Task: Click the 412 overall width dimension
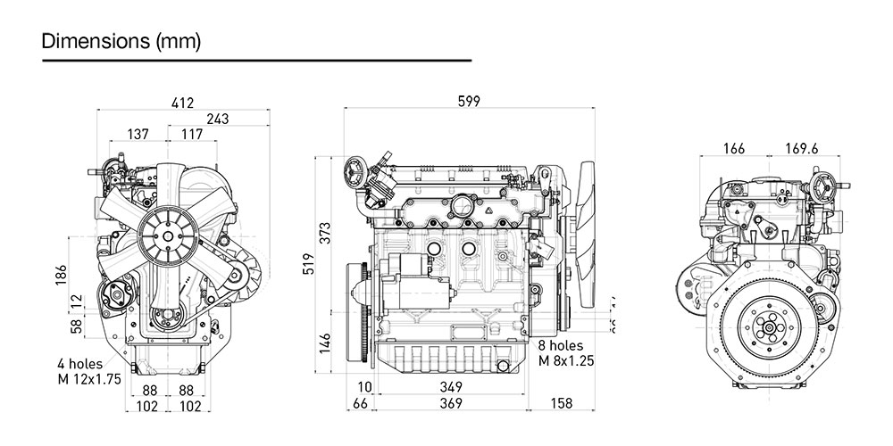click(x=183, y=104)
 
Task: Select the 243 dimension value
click(x=217, y=119)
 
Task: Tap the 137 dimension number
click(x=138, y=135)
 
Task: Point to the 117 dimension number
click(x=191, y=135)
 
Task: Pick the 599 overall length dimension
click(x=468, y=102)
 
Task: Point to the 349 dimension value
click(x=451, y=387)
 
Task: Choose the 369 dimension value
click(x=451, y=405)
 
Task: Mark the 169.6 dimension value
click(x=801, y=148)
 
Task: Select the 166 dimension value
click(x=733, y=148)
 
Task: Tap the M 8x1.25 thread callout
click(x=566, y=361)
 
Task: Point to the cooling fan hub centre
click(x=167, y=235)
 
